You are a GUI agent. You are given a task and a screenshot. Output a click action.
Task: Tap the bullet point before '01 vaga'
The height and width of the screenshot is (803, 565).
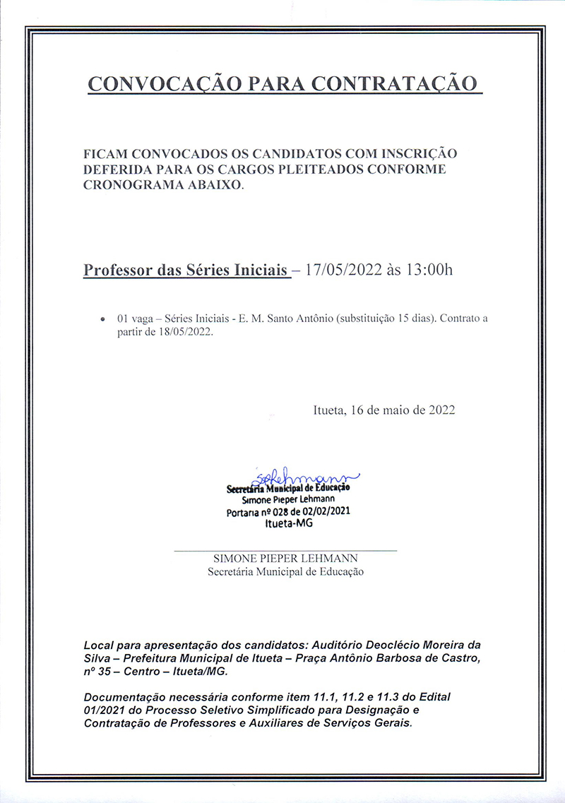[105, 319]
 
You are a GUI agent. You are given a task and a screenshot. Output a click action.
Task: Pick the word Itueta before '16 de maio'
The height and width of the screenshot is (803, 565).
[329, 410]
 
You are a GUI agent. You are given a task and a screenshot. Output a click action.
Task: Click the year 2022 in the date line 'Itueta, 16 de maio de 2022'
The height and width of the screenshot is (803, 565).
[441, 410]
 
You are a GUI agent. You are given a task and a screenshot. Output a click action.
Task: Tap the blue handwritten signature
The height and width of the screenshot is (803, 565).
[304, 478]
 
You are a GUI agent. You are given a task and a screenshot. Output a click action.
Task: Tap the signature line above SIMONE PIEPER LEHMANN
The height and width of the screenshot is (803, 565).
[285, 549]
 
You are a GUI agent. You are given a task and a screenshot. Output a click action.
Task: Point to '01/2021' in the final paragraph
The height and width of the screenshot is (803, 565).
[105, 710]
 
